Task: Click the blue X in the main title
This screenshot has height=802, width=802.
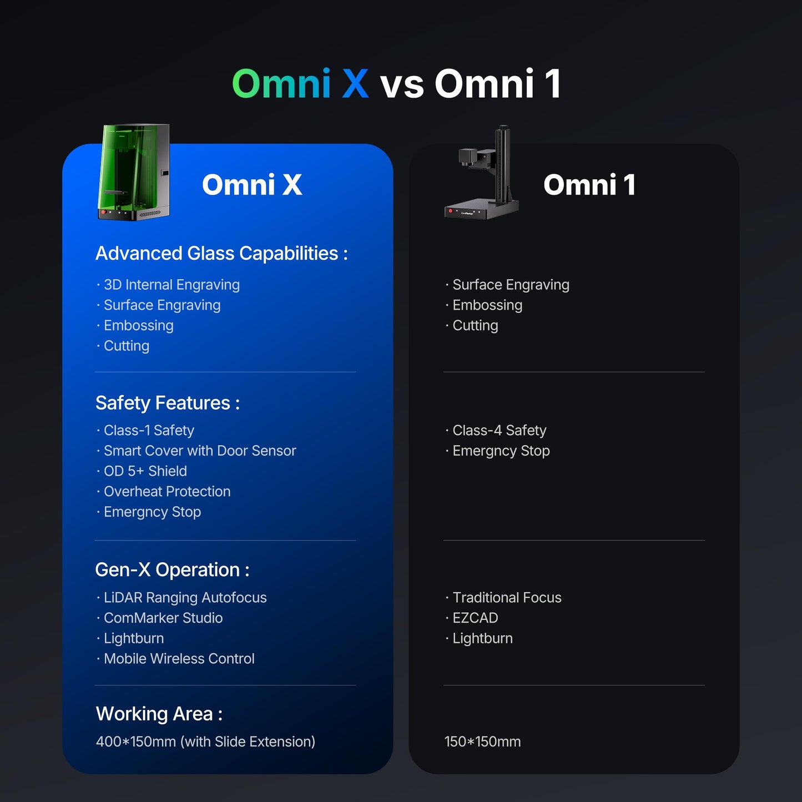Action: coord(355,84)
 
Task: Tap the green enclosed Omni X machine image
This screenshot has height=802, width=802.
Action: coord(134,172)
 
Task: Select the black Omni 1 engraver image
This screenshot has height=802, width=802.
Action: coord(482,172)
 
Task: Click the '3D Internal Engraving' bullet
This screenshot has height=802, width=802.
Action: coord(172,285)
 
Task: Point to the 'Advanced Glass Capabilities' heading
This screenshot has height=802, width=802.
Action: coord(221,254)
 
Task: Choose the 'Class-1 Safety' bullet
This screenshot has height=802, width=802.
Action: coord(149,430)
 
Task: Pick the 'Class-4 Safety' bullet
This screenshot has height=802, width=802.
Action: coord(500,430)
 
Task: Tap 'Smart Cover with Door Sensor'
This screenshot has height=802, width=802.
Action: coord(200,451)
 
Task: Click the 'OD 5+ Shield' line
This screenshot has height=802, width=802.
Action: coord(145,471)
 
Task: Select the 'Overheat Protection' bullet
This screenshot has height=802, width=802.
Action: coord(167,492)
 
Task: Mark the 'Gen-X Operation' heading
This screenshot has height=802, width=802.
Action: coord(172,570)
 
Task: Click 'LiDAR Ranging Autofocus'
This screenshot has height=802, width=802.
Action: coord(185,598)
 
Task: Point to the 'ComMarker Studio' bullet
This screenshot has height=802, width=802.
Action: coord(163,618)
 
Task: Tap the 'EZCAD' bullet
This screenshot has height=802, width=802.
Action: coord(475,618)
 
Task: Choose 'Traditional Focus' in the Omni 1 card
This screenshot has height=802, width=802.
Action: coord(507,598)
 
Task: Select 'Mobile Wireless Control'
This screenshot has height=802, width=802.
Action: coord(179,659)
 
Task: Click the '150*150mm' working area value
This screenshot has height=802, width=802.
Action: coord(483,742)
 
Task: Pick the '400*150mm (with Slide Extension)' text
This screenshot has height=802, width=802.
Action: coord(205,742)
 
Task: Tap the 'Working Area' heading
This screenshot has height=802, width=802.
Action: coord(159,714)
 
